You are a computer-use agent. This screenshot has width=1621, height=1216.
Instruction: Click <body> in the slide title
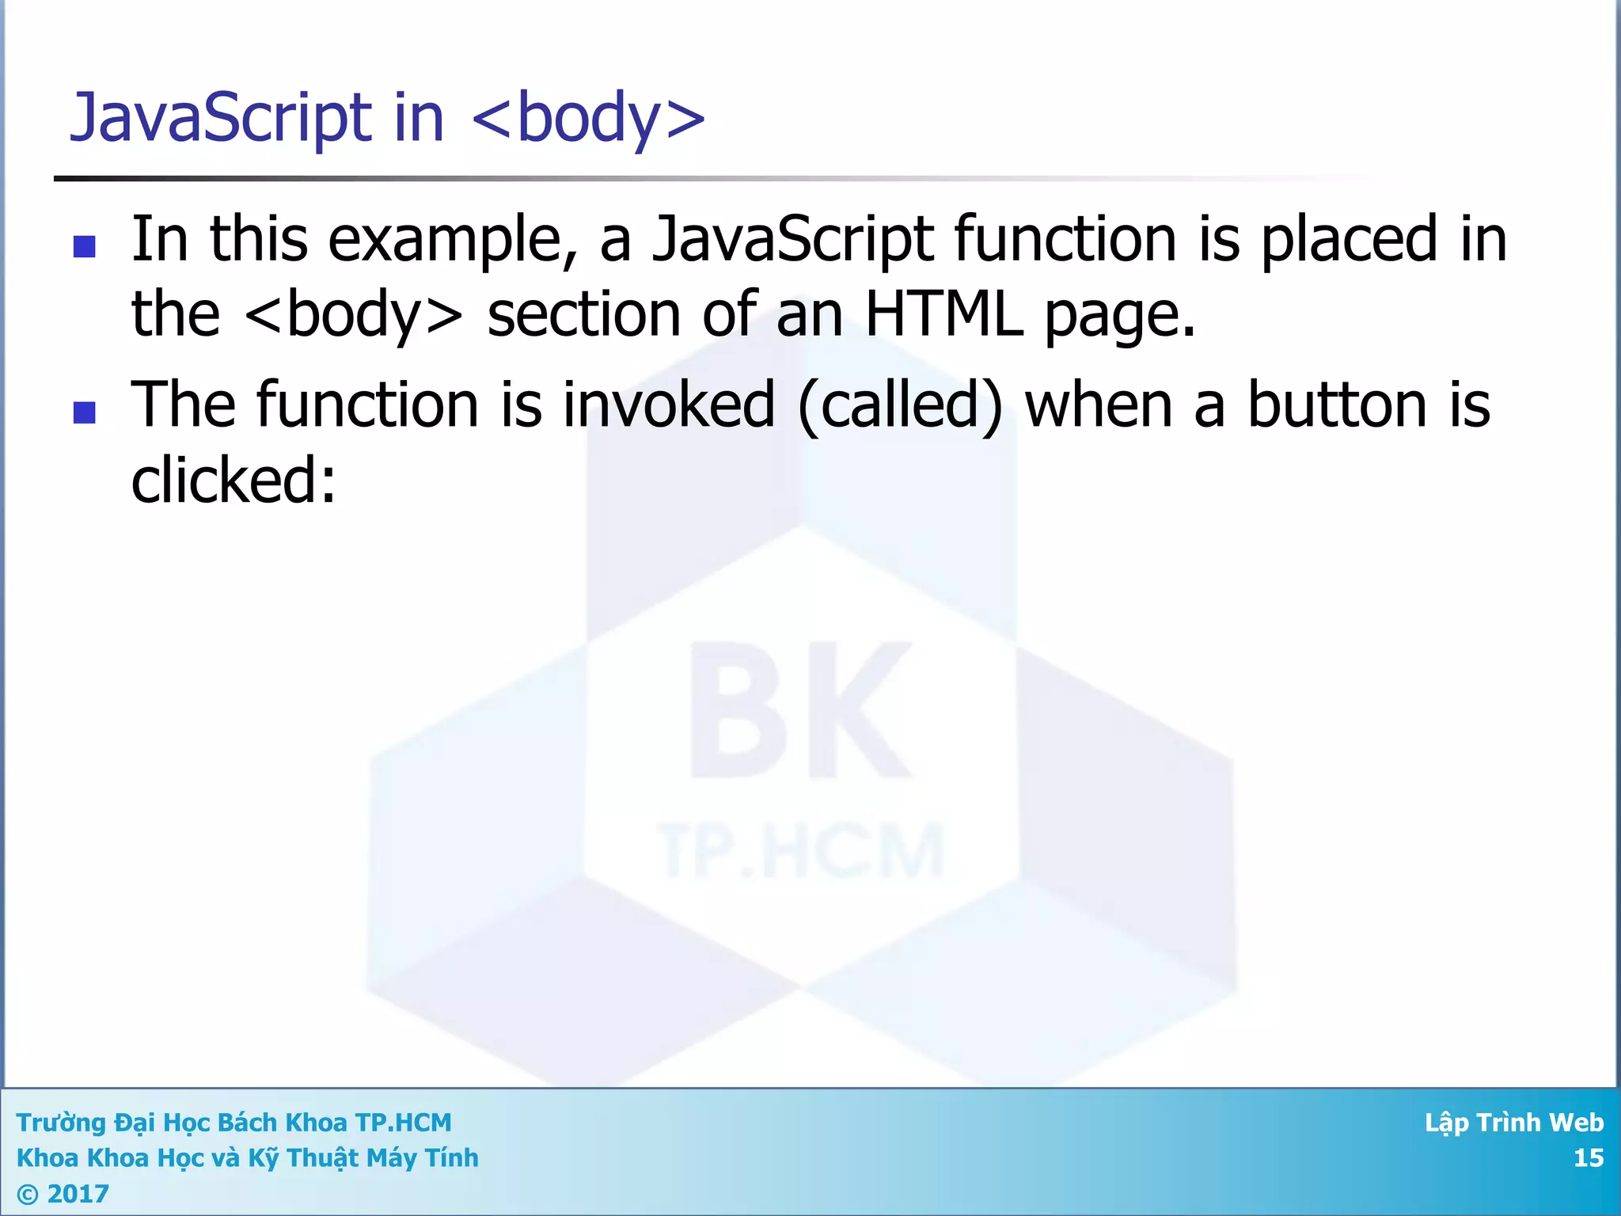[587, 119]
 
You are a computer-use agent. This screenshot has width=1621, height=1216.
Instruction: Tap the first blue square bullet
[84, 247]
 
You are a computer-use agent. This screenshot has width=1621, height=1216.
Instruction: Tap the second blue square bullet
[84, 412]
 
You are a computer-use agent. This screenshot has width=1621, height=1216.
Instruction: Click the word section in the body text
[583, 315]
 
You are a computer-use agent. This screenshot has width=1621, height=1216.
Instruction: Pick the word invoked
[669, 405]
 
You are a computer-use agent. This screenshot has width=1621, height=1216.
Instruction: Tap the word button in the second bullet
[1338, 405]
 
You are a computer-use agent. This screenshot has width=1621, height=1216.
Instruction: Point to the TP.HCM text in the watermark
[801, 852]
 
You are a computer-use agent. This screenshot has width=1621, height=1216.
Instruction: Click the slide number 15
[1588, 1158]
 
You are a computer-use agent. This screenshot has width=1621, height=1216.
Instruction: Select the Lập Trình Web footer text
[1513, 1123]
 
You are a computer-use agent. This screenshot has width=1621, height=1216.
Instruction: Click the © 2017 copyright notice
[63, 1193]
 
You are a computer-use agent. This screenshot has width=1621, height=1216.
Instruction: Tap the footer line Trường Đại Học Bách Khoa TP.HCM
[233, 1123]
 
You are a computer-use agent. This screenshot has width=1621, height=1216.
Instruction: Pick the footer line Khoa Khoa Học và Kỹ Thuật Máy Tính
[247, 1158]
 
